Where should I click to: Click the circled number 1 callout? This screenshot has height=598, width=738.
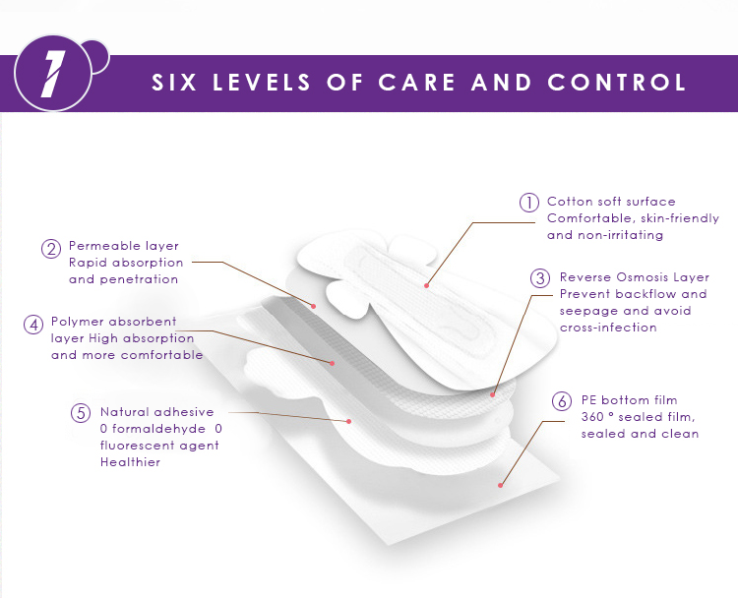pyautogui.click(x=529, y=203)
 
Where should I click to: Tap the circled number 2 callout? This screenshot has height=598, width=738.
pyautogui.click(x=51, y=249)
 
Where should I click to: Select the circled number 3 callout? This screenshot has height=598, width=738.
pyautogui.click(x=540, y=278)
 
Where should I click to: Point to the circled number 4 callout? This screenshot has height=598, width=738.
pyautogui.click(x=33, y=324)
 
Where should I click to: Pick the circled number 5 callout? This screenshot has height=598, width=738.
pyautogui.click(x=82, y=413)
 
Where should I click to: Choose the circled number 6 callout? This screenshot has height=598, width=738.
pyautogui.click(x=561, y=401)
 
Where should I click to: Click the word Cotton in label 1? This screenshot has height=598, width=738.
pyautogui.click(x=570, y=202)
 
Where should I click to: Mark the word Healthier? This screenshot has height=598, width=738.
pyautogui.click(x=130, y=462)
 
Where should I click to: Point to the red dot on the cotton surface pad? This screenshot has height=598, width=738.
pyautogui.click(x=426, y=285)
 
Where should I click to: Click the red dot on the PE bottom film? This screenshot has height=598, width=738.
pyautogui.click(x=502, y=485)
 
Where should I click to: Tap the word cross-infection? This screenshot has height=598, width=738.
pyautogui.click(x=607, y=328)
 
